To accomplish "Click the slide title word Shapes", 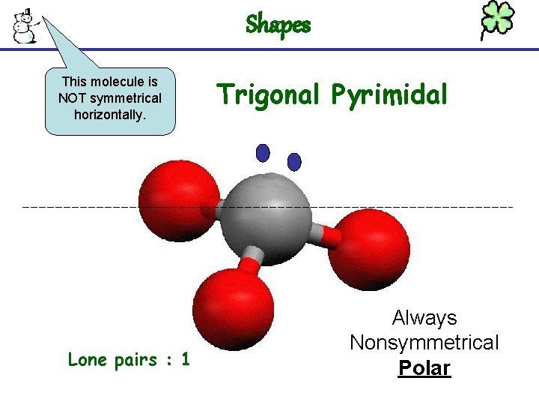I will click(x=278, y=25).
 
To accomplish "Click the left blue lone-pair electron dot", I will click(x=263, y=153).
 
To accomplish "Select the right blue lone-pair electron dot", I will click(x=294, y=161).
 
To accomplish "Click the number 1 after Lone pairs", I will click(x=184, y=360).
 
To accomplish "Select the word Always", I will click(x=424, y=318).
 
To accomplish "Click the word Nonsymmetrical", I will click(x=424, y=343).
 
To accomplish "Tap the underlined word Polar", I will click(x=424, y=368).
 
